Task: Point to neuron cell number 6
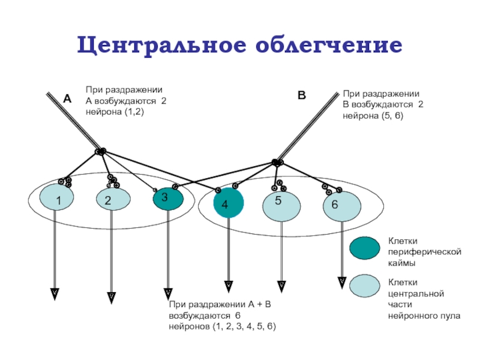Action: tap(342, 206)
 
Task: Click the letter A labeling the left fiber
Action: tap(67, 100)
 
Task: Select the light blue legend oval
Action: tap(365, 286)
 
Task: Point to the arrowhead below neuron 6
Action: tap(341, 280)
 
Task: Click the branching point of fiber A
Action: tap(101, 151)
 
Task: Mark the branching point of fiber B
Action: tap(277, 161)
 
